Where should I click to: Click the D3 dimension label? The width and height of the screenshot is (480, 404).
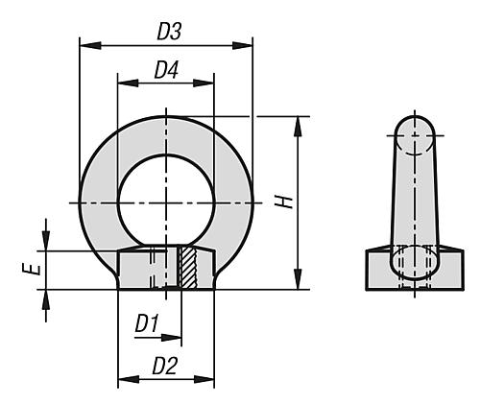click(x=169, y=32)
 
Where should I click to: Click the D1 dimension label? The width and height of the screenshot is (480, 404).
click(x=146, y=324)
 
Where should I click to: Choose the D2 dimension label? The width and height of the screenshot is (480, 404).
click(x=165, y=366)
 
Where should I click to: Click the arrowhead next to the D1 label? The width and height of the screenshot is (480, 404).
click(x=175, y=338)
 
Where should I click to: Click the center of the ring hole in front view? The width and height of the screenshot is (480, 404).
click(x=165, y=202)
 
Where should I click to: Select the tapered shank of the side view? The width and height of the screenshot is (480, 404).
click(x=415, y=202)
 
